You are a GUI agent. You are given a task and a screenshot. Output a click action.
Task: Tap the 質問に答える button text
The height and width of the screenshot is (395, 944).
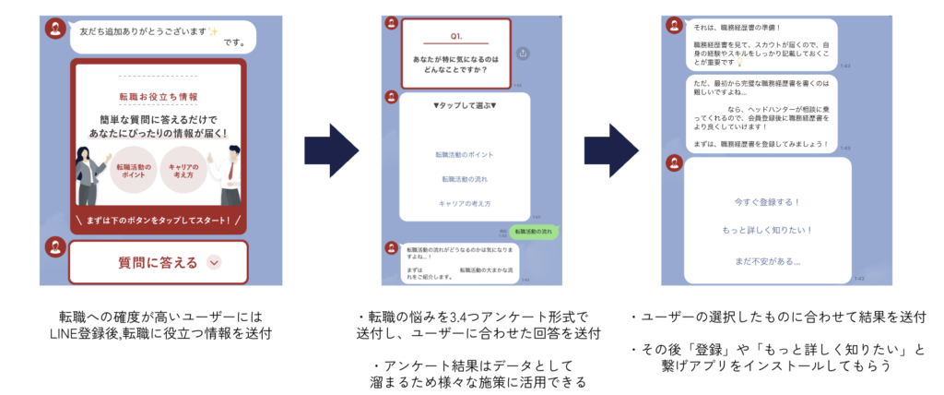click(x=158, y=262)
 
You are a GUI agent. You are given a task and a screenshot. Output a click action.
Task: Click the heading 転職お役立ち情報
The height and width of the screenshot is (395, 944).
click(x=159, y=96)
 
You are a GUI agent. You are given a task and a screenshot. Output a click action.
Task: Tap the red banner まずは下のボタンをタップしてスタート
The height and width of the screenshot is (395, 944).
click(x=159, y=221)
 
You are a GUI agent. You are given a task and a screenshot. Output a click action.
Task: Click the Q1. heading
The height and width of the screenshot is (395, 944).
click(x=455, y=36)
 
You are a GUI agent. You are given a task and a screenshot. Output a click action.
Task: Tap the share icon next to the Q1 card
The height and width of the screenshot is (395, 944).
click(x=524, y=53)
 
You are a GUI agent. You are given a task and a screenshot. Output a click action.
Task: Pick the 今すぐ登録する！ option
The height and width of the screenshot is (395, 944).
click(x=766, y=200)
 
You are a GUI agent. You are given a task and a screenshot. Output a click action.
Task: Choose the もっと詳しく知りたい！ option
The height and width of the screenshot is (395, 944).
click(x=766, y=230)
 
